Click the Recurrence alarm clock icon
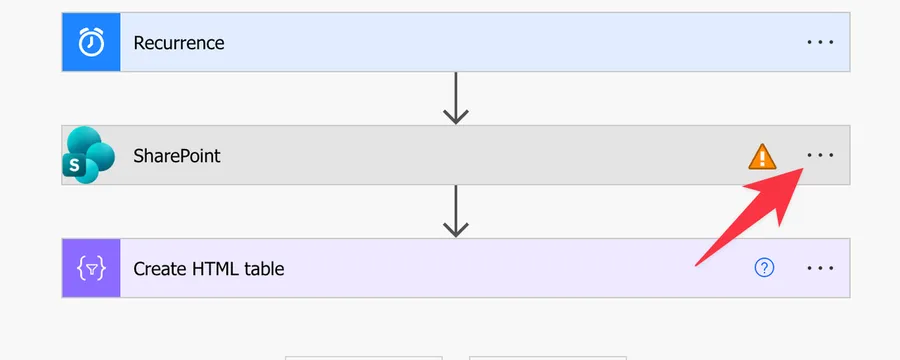[x=91, y=42]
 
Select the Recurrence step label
[x=179, y=43]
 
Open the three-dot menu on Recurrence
[x=820, y=42]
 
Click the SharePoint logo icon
[x=88, y=155]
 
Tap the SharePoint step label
[x=177, y=156]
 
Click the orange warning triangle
[x=762, y=156]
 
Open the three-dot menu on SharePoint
[x=820, y=155]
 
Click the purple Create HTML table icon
[x=91, y=268]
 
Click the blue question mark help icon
[x=764, y=268]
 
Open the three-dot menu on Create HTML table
[x=820, y=268]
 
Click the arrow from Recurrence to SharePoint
[x=456, y=98]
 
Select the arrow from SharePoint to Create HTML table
[x=456, y=211]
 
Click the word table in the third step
[x=265, y=269]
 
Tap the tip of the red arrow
[x=803, y=168]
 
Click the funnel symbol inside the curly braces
[x=91, y=269]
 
